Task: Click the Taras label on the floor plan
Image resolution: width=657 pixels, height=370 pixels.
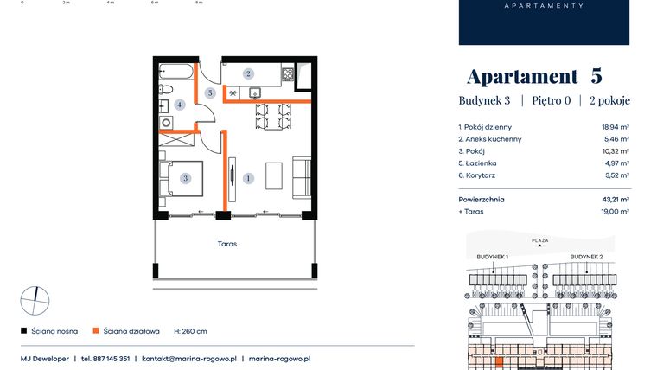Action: click(227, 244)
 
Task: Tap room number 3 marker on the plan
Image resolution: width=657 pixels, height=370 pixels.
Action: click(185, 179)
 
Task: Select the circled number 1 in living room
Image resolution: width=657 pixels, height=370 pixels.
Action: click(249, 179)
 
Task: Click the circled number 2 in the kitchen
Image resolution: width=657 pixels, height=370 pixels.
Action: click(248, 74)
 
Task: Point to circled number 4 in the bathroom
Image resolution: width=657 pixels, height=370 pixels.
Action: click(180, 105)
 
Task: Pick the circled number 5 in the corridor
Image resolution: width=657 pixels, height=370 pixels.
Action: click(210, 92)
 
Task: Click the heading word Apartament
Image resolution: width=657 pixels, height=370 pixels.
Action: click(521, 76)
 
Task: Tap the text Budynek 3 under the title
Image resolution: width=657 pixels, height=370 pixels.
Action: click(484, 101)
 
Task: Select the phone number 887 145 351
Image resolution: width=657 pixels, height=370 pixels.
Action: click(112, 358)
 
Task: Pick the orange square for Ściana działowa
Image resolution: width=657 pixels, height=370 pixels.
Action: click(97, 331)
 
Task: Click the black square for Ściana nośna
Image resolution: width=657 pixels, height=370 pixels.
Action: click(23, 331)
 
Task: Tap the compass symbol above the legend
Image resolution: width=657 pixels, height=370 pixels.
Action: click(35, 300)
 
